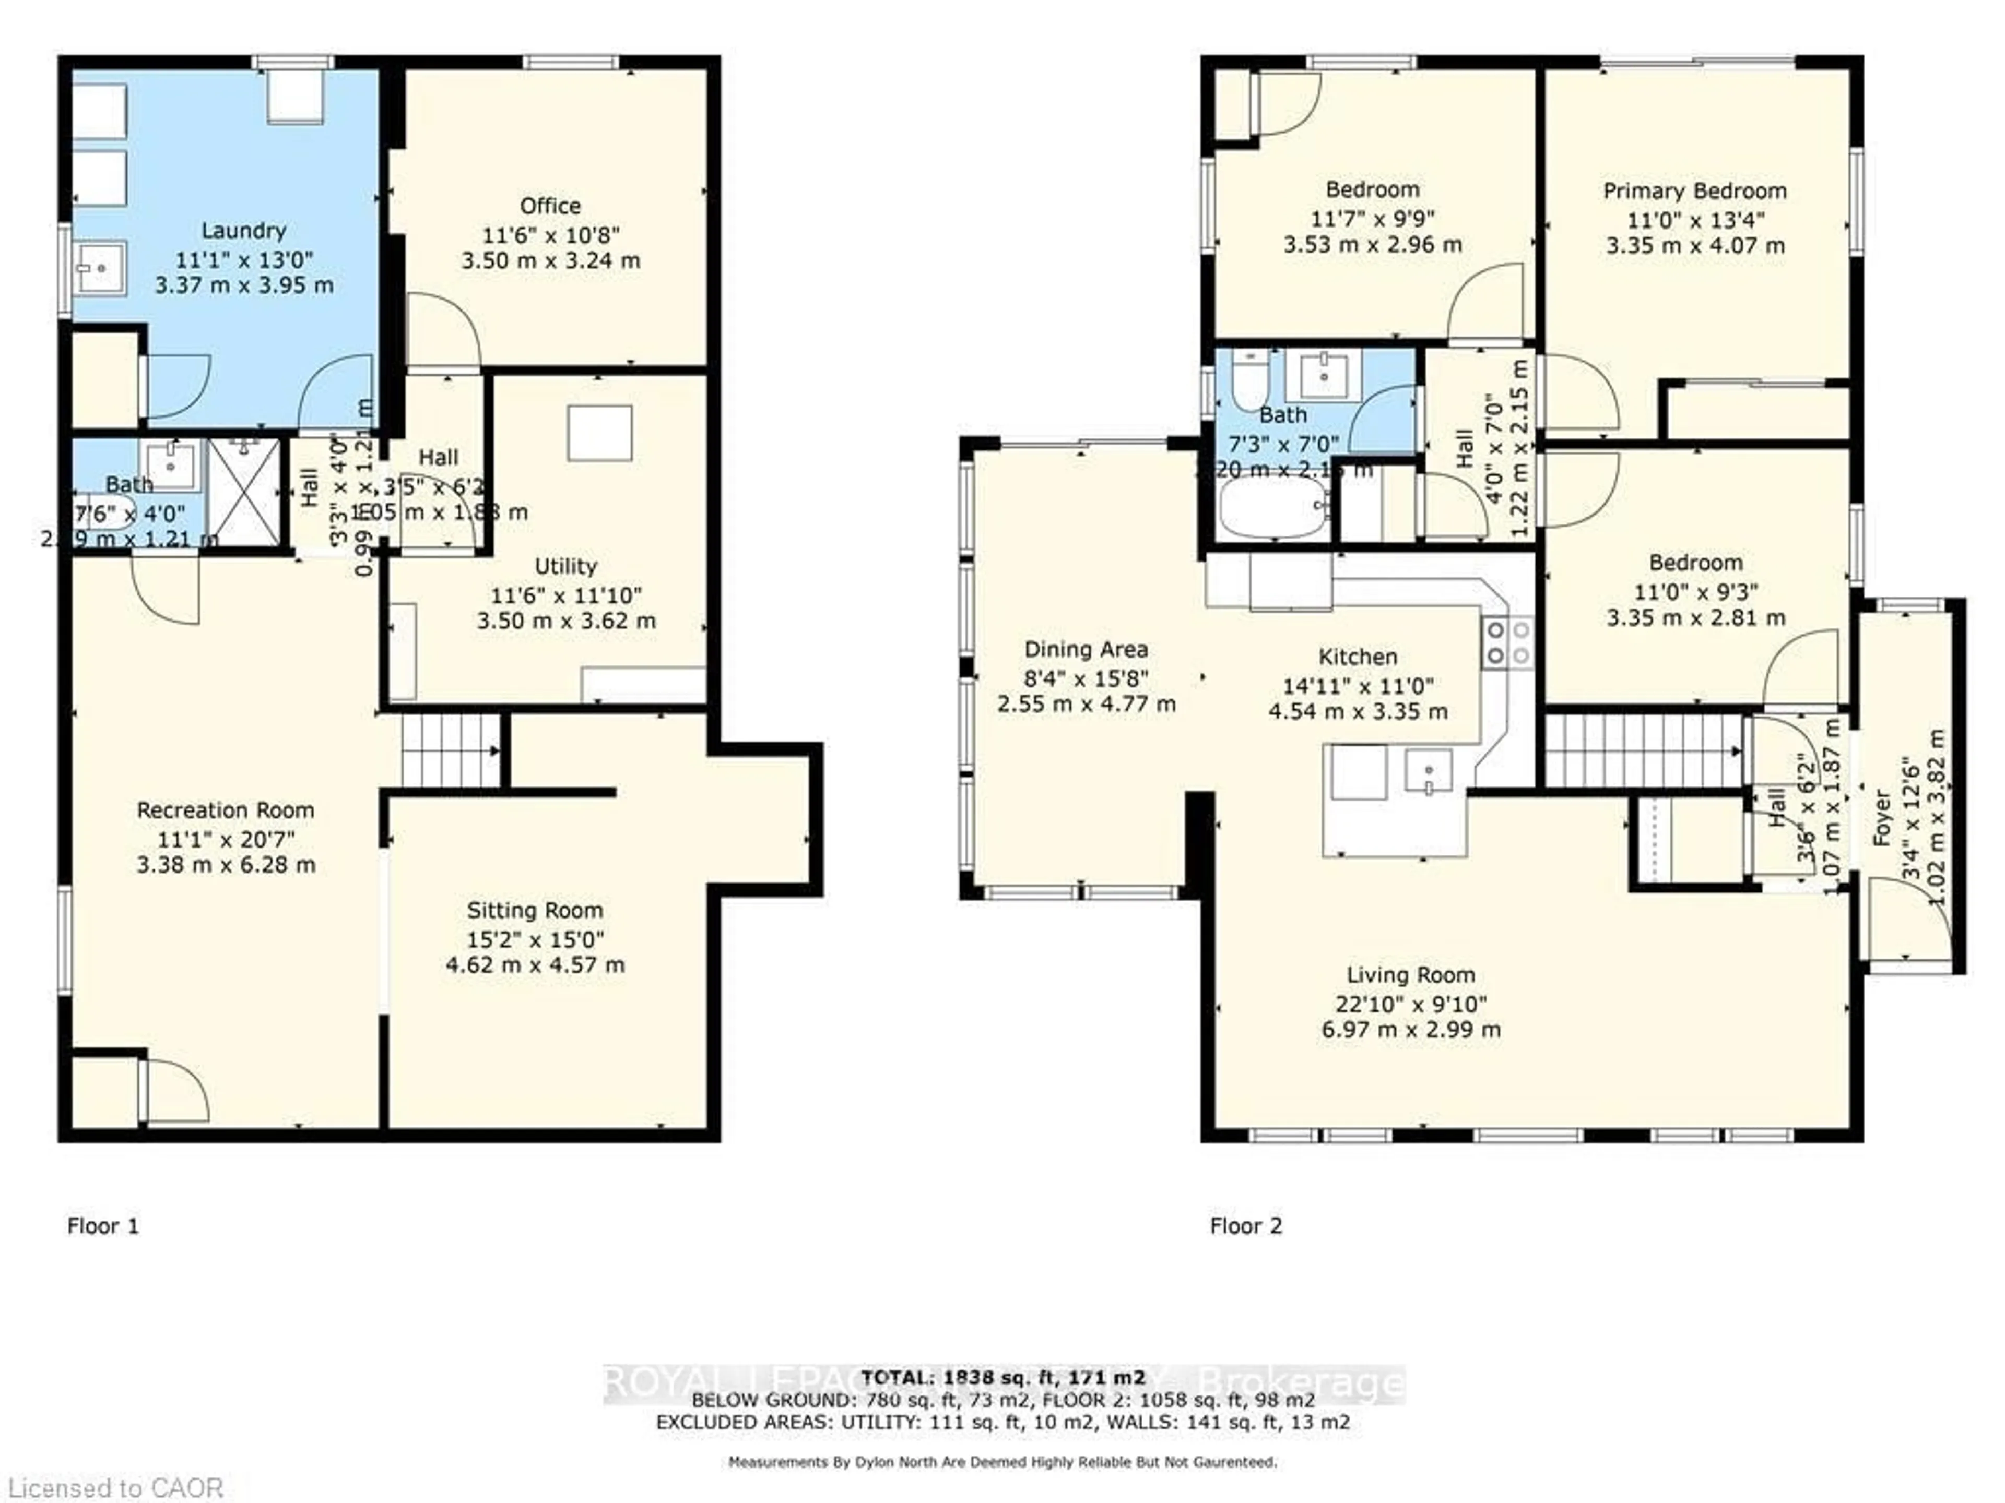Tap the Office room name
click(550, 206)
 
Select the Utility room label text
click(565, 566)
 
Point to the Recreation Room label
click(225, 810)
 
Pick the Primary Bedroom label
click(1694, 191)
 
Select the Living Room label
click(1410, 975)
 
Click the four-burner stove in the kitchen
click(1506, 642)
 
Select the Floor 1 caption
click(103, 1226)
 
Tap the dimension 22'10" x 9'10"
click(1410, 1004)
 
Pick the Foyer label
click(1882, 818)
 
